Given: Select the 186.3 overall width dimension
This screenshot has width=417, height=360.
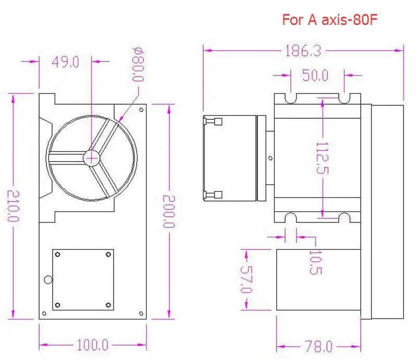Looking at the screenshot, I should pos(302,51).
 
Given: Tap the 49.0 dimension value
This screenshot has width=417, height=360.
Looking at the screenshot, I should pos(65,62).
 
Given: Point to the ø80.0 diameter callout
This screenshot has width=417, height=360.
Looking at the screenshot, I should pos(138,65).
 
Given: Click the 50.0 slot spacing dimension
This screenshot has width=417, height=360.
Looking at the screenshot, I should pos(315,76).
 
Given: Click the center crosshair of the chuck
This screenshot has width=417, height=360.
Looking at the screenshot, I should pos(92,157).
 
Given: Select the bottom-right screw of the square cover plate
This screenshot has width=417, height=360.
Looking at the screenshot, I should pos(108,304).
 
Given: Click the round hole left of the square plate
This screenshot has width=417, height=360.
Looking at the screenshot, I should pos(48,279).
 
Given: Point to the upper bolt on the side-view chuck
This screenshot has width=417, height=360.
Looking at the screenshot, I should pos(214,122).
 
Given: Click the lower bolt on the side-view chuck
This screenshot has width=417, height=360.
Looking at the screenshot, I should pos(214,195).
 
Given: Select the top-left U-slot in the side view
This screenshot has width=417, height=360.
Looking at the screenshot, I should pos(291,97).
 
